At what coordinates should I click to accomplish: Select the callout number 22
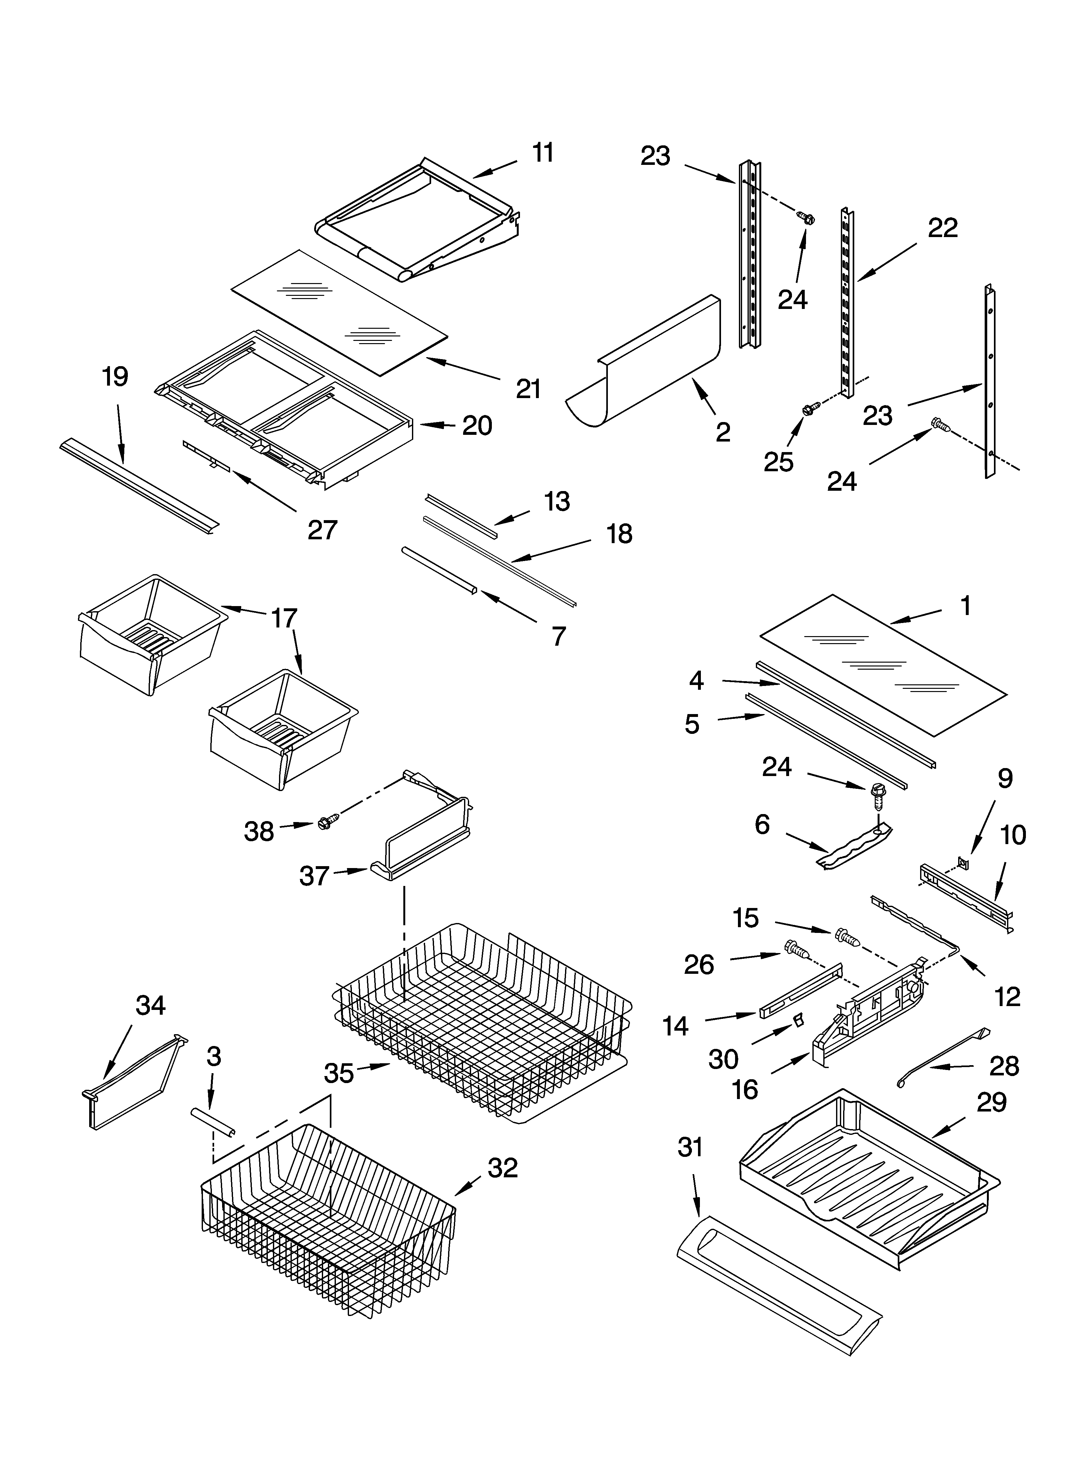[x=942, y=228]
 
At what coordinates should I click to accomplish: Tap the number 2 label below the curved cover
[x=723, y=432]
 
